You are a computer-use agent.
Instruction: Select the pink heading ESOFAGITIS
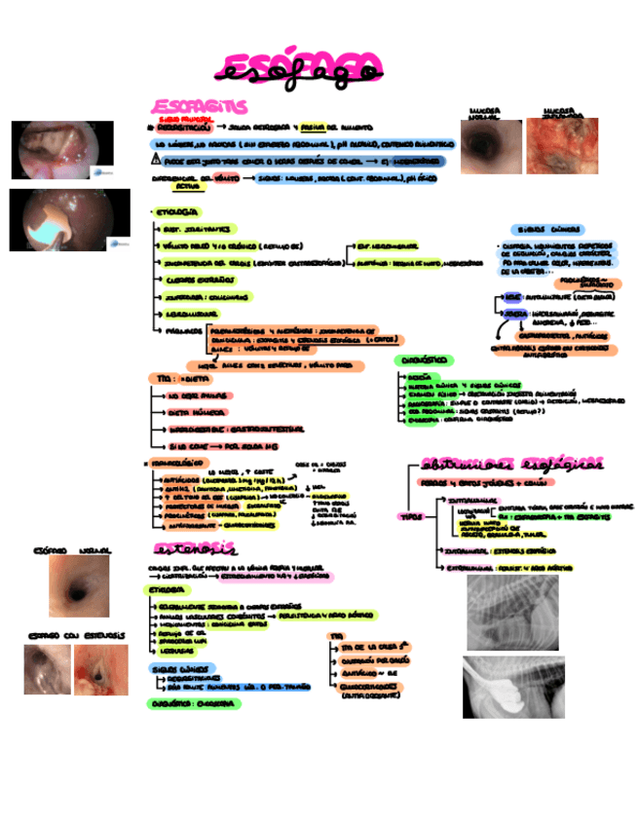pos(199,105)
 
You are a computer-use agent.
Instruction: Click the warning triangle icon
pos(156,159)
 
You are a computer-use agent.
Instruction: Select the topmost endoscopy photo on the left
pos(55,149)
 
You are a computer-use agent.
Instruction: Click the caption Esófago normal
pos(73,550)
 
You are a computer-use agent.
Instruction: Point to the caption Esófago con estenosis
pos(76,635)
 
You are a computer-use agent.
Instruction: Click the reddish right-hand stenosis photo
pos(102,670)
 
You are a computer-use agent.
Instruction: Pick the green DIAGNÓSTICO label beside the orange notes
pos(422,360)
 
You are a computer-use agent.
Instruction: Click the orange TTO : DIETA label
pos(182,377)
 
